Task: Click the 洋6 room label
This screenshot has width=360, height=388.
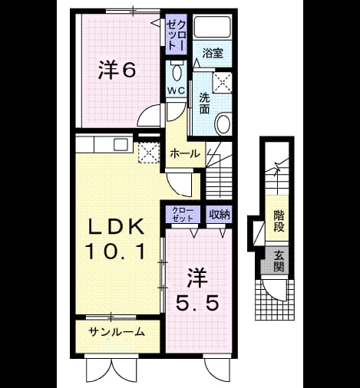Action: (x=117, y=70)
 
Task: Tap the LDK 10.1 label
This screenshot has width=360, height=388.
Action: (x=116, y=238)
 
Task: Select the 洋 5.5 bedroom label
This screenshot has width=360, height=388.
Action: (x=198, y=291)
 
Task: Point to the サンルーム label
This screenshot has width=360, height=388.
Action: (x=117, y=332)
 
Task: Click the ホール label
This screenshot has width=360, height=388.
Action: (x=185, y=154)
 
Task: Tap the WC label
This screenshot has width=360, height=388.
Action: (x=176, y=90)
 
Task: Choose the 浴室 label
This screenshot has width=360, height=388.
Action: (x=213, y=54)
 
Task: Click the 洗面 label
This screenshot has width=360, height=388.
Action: (x=205, y=103)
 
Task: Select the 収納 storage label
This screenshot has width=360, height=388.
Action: (x=220, y=215)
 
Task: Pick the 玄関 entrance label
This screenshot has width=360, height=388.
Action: (x=279, y=261)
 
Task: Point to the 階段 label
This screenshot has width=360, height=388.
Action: (x=279, y=221)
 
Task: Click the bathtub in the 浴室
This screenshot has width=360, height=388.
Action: (x=212, y=27)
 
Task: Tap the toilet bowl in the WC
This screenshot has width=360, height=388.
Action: (x=177, y=72)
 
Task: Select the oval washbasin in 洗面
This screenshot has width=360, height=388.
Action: (x=223, y=124)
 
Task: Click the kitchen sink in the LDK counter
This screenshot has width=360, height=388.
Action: (x=121, y=144)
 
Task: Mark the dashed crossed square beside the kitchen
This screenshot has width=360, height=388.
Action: (x=149, y=153)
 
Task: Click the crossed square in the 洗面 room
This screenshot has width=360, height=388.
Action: (x=223, y=83)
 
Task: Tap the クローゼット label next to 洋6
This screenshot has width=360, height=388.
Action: (x=176, y=35)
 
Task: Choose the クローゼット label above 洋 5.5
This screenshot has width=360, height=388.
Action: (x=183, y=215)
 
